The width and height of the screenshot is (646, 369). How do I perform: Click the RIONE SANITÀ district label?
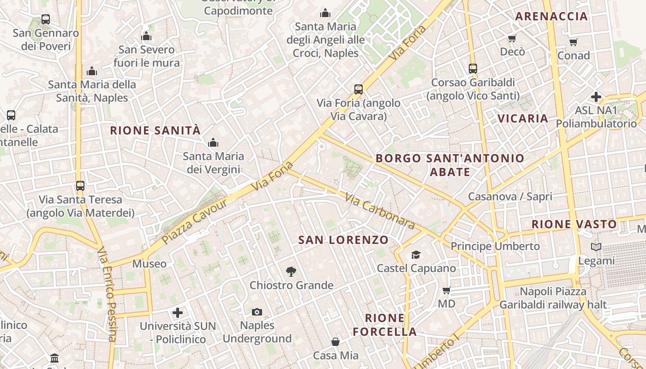(156, 131)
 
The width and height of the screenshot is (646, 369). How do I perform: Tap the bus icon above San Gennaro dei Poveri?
(46, 19)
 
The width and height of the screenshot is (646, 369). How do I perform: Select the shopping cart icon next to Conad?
(574, 42)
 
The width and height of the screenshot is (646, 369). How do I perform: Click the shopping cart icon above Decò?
(512, 38)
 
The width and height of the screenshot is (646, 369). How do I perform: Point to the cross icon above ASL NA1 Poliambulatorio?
(596, 97)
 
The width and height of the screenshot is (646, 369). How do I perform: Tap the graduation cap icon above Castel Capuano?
(416, 255)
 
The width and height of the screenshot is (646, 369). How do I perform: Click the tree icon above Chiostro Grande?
(291, 272)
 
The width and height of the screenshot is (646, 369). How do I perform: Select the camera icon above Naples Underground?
(257, 312)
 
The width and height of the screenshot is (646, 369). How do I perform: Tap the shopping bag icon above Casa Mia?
(335, 342)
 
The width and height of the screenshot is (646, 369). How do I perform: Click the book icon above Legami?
(596, 247)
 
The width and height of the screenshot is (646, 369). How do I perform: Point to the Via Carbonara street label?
(379, 211)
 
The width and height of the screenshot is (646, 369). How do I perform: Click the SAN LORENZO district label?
(343, 240)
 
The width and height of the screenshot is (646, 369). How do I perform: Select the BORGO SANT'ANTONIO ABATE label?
(450, 165)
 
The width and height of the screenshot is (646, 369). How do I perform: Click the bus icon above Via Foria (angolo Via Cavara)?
(359, 89)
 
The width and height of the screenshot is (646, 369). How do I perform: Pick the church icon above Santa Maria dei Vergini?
(213, 143)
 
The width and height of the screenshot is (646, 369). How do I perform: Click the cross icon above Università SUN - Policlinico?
(178, 313)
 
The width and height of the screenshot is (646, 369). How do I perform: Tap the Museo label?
(149, 264)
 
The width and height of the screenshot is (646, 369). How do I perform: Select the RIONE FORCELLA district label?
(385, 325)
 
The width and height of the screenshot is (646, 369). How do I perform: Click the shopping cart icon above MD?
(446, 290)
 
